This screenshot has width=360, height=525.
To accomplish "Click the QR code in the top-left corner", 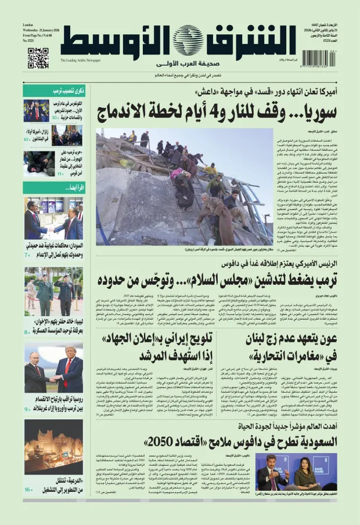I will coord(38,58).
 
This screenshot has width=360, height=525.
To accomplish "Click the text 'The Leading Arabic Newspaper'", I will coord(80,60).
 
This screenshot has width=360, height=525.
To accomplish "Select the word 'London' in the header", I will coord(28,26).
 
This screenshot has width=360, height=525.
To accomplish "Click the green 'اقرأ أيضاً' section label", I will coord(53,187).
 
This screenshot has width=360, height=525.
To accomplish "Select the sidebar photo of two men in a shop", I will coord(53,218).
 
